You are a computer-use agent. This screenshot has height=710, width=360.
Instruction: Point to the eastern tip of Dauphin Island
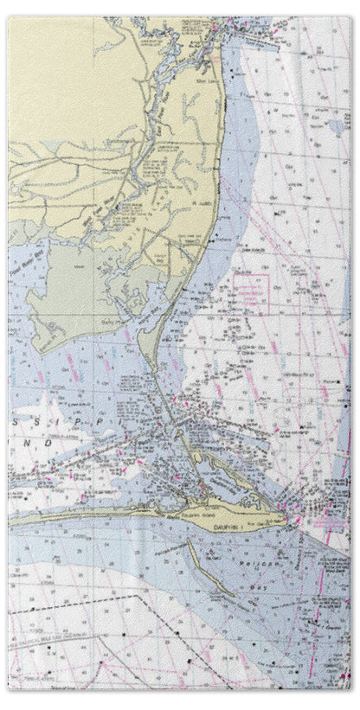pos(285,520)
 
